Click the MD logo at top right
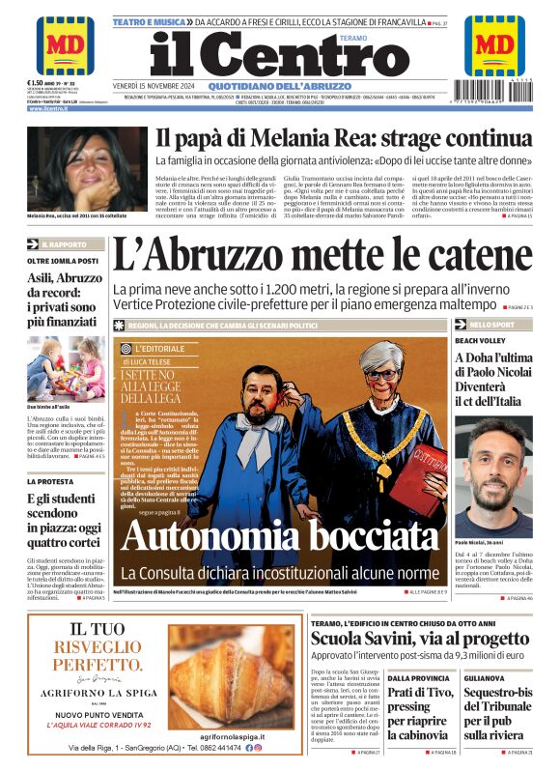(x=494, y=45)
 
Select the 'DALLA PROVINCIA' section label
(x=417, y=678)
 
